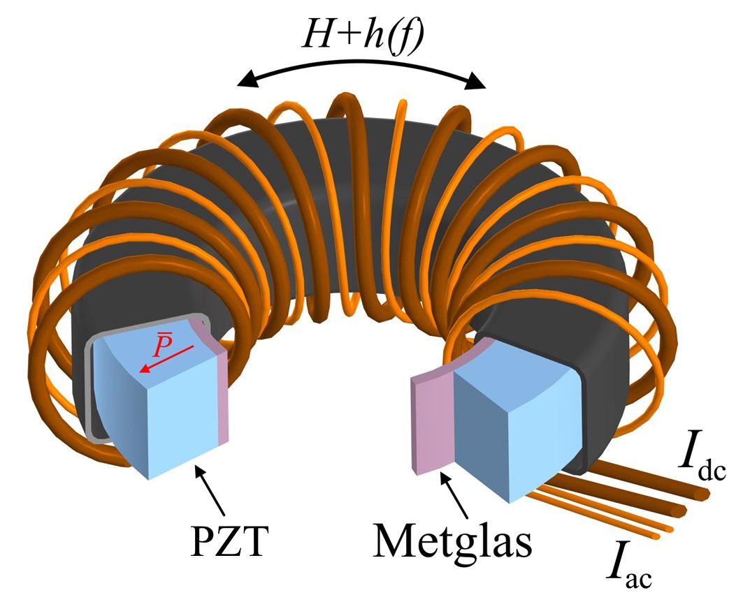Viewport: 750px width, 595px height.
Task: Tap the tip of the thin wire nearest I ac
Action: (x=657, y=536)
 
